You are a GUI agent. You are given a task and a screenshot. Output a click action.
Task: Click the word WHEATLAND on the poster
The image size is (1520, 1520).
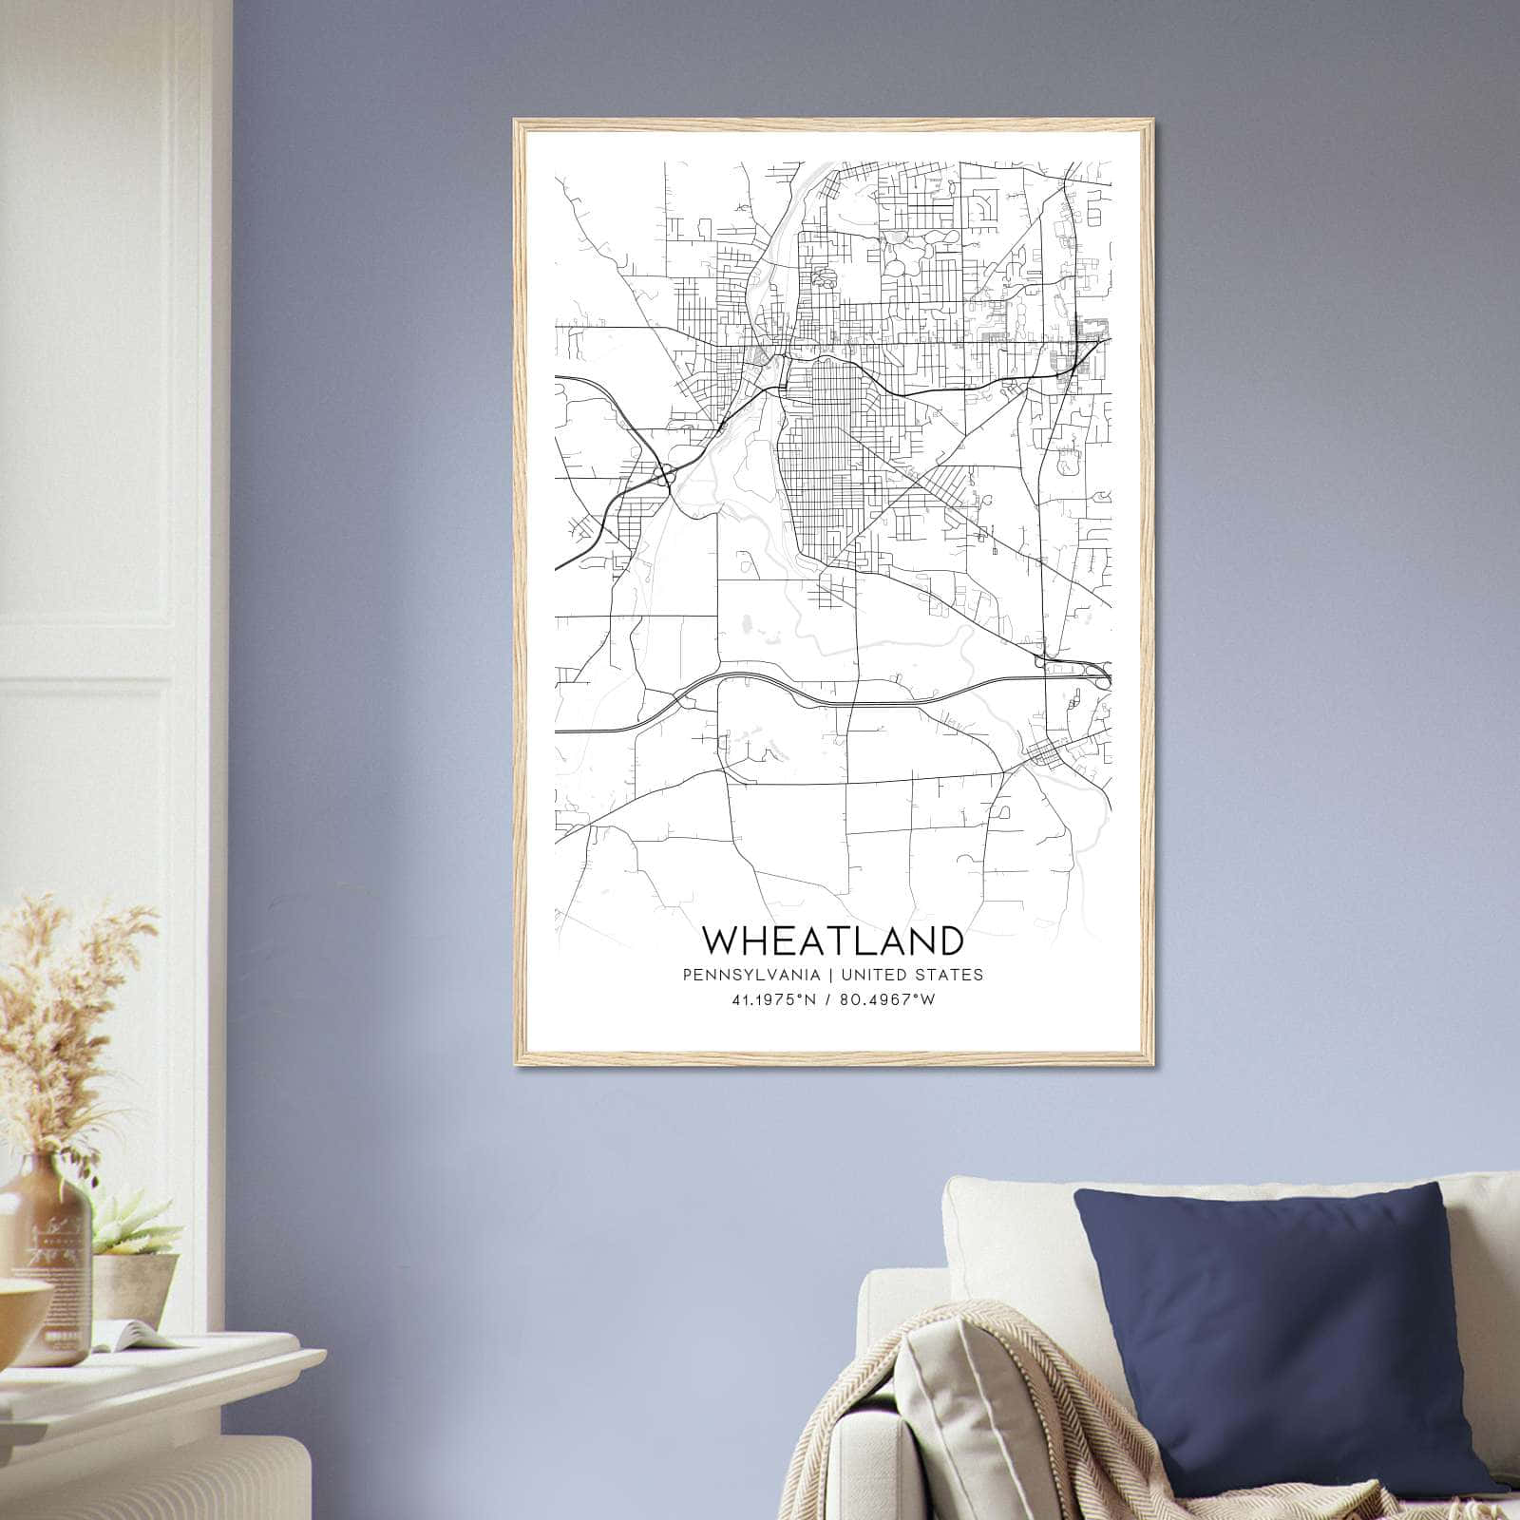(x=833, y=940)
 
